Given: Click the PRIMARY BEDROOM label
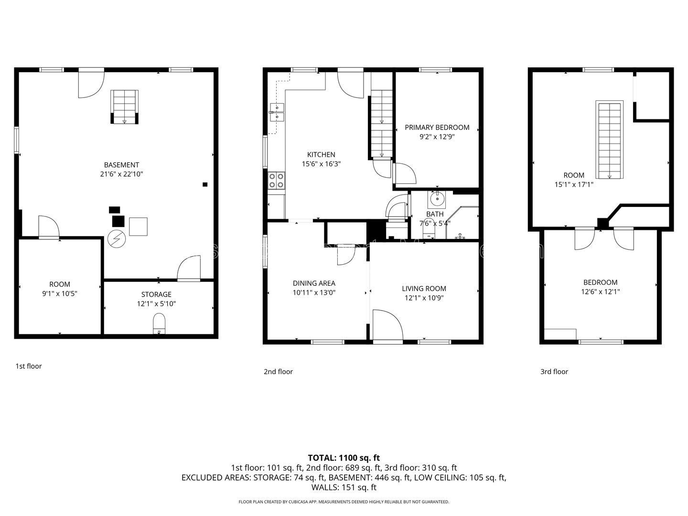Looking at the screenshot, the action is pos(437,128).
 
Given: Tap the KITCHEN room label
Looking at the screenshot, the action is pos(321,154).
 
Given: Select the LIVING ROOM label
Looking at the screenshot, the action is pos(424,289).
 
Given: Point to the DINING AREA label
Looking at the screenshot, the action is pos(314,283).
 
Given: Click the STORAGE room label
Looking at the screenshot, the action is pos(156,294).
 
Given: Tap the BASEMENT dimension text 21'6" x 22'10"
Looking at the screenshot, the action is pos(121,174).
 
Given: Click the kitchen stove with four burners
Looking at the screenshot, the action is pos(277,181).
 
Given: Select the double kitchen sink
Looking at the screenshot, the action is pos(277,112).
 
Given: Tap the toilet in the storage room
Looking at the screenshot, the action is pos(159,324).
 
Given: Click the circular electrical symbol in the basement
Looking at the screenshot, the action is pos(117,239).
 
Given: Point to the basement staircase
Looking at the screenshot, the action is pos(124,107).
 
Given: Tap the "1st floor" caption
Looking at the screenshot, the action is pos(29,366).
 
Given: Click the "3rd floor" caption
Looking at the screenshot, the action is pos(554,372).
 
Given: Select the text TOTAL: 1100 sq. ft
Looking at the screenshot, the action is pos(344,458).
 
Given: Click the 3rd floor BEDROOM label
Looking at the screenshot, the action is pos(600,282).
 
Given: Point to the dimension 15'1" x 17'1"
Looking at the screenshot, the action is pos(574,184).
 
